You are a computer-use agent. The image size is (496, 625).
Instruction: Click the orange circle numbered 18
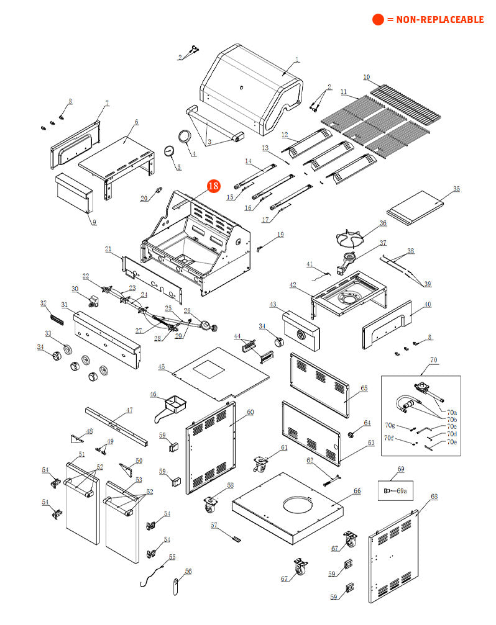(213, 186)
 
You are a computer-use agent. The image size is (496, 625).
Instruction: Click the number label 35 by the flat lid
(457, 189)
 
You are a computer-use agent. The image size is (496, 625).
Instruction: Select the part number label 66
(357, 491)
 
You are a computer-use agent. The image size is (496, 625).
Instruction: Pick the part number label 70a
(452, 412)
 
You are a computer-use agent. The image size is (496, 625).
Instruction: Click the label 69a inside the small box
(402, 491)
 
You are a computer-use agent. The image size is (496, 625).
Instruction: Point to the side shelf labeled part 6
(118, 155)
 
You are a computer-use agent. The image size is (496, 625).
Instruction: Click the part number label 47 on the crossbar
(129, 410)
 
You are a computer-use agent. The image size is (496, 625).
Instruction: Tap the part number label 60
(250, 412)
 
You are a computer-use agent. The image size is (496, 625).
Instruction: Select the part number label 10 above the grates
(367, 78)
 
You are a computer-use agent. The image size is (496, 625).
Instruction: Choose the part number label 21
(108, 250)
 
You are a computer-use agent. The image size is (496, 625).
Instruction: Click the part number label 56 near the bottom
(188, 572)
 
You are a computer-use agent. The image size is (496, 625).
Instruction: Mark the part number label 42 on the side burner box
(292, 285)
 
